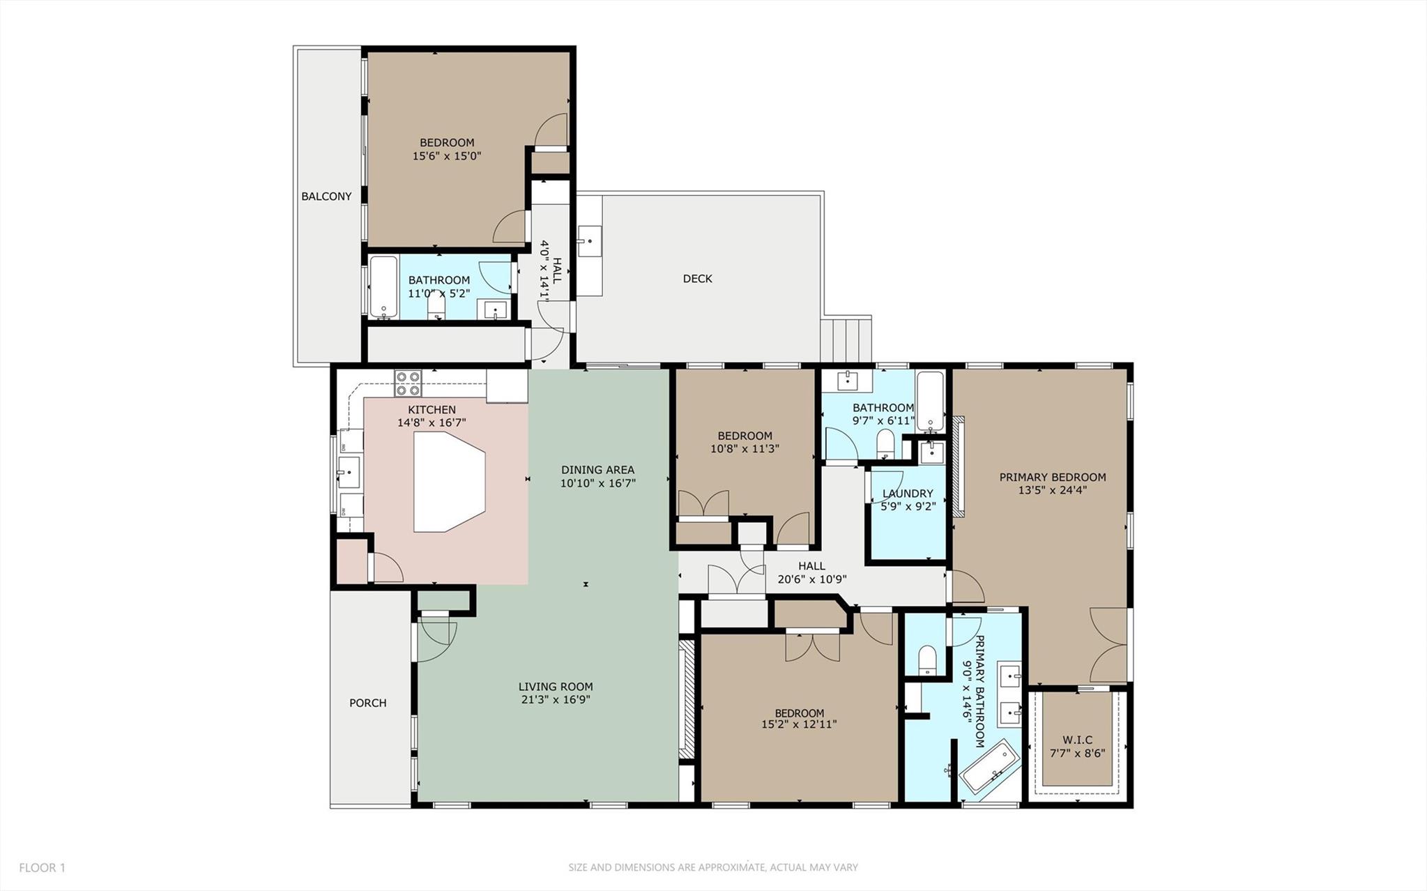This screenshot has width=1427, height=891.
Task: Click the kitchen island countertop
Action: pyautogui.click(x=446, y=482)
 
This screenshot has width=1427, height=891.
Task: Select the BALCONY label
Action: pyautogui.click(x=326, y=197)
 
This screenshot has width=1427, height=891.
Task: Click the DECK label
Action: pyautogui.click(x=697, y=279)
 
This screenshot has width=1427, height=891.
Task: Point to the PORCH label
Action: pyautogui.click(x=367, y=703)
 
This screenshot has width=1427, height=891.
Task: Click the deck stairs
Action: pyautogui.click(x=846, y=340)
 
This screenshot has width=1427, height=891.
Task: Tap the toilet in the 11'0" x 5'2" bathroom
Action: pyautogui.click(x=437, y=307)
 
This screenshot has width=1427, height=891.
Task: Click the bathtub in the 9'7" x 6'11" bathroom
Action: pyautogui.click(x=930, y=402)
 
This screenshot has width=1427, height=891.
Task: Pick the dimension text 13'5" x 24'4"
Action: pyautogui.click(x=1052, y=490)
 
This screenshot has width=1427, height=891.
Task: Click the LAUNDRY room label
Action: pyautogui.click(x=907, y=494)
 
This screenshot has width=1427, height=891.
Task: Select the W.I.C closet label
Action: pyautogui.click(x=1077, y=740)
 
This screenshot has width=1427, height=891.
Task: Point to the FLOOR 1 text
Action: pyautogui.click(x=42, y=868)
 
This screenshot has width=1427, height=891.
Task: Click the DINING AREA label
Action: pyautogui.click(x=597, y=470)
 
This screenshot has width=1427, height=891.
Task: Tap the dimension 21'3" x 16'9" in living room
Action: pyautogui.click(x=555, y=700)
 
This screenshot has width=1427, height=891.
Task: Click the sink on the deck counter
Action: pyautogui.click(x=590, y=241)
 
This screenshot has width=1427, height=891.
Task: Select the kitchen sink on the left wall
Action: pyautogui.click(x=348, y=472)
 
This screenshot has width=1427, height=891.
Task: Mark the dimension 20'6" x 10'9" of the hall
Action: pyautogui.click(x=811, y=579)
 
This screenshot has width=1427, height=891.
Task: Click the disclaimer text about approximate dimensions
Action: pyautogui.click(x=712, y=868)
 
